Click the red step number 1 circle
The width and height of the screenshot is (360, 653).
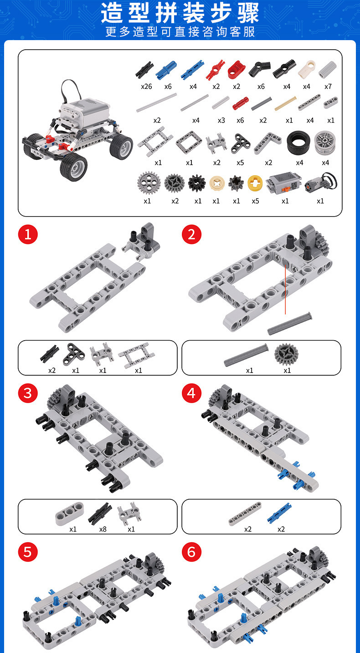pyautogui.click(x=28, y=234)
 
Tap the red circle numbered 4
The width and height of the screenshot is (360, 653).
pyautogui.click(x=191, y=393)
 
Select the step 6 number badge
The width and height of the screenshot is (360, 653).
pyautogui.click(x=191, y=552)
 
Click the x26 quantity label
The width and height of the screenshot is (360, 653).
pyautogui.click(x=146, y=87)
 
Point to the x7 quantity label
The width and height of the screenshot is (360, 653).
pyautogui.click(x=328, y=87)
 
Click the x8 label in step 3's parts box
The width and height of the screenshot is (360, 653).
pyautogui.click(x=103, y=529)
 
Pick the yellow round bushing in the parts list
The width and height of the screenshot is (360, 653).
pyautogui.click(x=255, y=183)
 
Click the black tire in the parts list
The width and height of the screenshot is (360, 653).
pyautogui.click(x=298, y=143)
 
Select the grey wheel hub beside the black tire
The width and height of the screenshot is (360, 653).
pyautogui.click(x=325, y=143)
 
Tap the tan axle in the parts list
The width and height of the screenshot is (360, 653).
pyautogui.click(x=285, y=104)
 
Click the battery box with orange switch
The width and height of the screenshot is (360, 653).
pyautogui.click(x=283, y=182)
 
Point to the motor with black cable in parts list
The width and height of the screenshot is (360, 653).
pyautogui.click(x=321, y=183)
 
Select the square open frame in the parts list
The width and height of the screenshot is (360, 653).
pyautogui.click(x=189, y=143)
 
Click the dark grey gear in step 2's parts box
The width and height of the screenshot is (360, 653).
pyautogui.click(x=285, y=354)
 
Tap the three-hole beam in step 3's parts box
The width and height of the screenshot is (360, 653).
pyautogui.click(x=70, y=513)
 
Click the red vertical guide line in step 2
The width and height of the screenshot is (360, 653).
pyautogui.click(x=285, y=290)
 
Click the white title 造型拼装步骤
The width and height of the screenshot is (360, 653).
pyautogui.click(x=180, y=13)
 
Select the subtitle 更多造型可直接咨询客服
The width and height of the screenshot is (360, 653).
pyautogui.click(x=180, y=32)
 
